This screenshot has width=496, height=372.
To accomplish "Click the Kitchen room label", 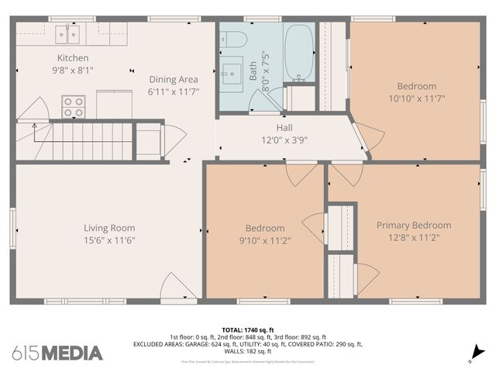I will click(73, 58).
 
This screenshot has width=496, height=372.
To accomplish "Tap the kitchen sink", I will click(67, 34).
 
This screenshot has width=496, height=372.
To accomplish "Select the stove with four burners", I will click(74, 106).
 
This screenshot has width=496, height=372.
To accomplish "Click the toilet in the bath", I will click(236, 39).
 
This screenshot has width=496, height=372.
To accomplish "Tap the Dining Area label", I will click(174, 79).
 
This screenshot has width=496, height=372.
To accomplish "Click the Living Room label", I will click(109, 228).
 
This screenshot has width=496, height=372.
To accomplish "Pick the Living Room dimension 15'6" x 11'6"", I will click(109, 240).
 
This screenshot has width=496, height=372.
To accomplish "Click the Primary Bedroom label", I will click(413, 226).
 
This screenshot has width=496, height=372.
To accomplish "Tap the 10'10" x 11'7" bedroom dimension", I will click(417, 98).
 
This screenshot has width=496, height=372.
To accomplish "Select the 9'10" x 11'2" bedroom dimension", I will click(265, 240).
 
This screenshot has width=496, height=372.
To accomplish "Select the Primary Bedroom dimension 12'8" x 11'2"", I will click(413, 238).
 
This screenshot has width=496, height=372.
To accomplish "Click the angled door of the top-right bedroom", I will click(364, 137).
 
